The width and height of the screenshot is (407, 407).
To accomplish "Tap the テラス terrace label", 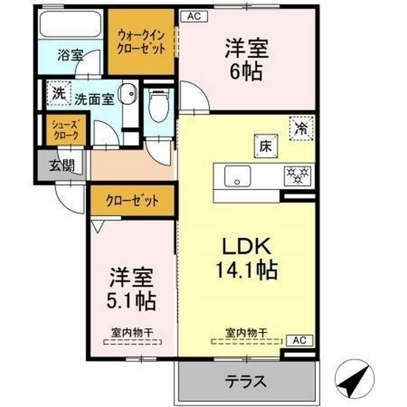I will [x=245, y=382].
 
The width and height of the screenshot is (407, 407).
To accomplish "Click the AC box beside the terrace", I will [x=298, y=340].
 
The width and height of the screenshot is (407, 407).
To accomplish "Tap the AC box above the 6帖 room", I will [x=193, y=17].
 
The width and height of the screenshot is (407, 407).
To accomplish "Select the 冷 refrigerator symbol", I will [x=300, y=127].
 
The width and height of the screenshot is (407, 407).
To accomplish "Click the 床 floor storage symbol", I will [x=265, y=146].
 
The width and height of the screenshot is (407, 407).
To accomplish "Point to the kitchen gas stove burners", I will [x=296, y=173].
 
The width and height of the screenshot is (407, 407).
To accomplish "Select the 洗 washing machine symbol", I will [x=59, y=93].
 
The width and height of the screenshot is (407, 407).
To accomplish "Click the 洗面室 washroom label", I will [x=93, y=99].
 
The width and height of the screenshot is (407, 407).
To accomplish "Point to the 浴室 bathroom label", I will [x=70, y=54].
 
